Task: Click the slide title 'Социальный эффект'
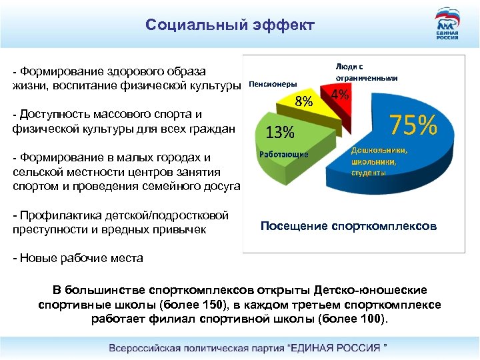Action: coord(229,26)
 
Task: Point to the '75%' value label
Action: coord(413,125)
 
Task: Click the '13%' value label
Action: coord(279,132)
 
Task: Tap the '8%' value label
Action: coord(304,102)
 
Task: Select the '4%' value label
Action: coord(340,95)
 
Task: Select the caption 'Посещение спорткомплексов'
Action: coord(349,226)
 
